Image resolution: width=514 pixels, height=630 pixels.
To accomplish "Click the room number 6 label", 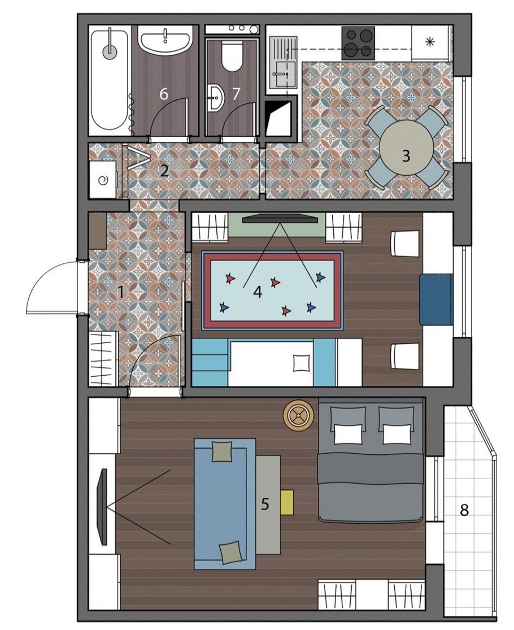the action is (163, 94).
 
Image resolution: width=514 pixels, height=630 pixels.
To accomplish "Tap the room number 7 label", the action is (236, 94).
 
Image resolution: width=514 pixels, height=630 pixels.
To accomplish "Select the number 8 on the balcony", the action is (464, 510).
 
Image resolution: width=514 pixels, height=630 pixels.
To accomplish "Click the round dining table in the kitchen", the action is (407, 147).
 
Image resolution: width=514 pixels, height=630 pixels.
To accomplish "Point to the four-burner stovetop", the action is (358, 43).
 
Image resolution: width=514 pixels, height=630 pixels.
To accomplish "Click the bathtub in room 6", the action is (110, 79).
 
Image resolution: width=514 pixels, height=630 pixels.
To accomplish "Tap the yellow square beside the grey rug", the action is (287, 502).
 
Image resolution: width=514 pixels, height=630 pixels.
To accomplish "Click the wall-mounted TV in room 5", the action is (103, 506).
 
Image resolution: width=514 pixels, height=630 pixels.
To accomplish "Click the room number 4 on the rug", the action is (258, 292).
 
